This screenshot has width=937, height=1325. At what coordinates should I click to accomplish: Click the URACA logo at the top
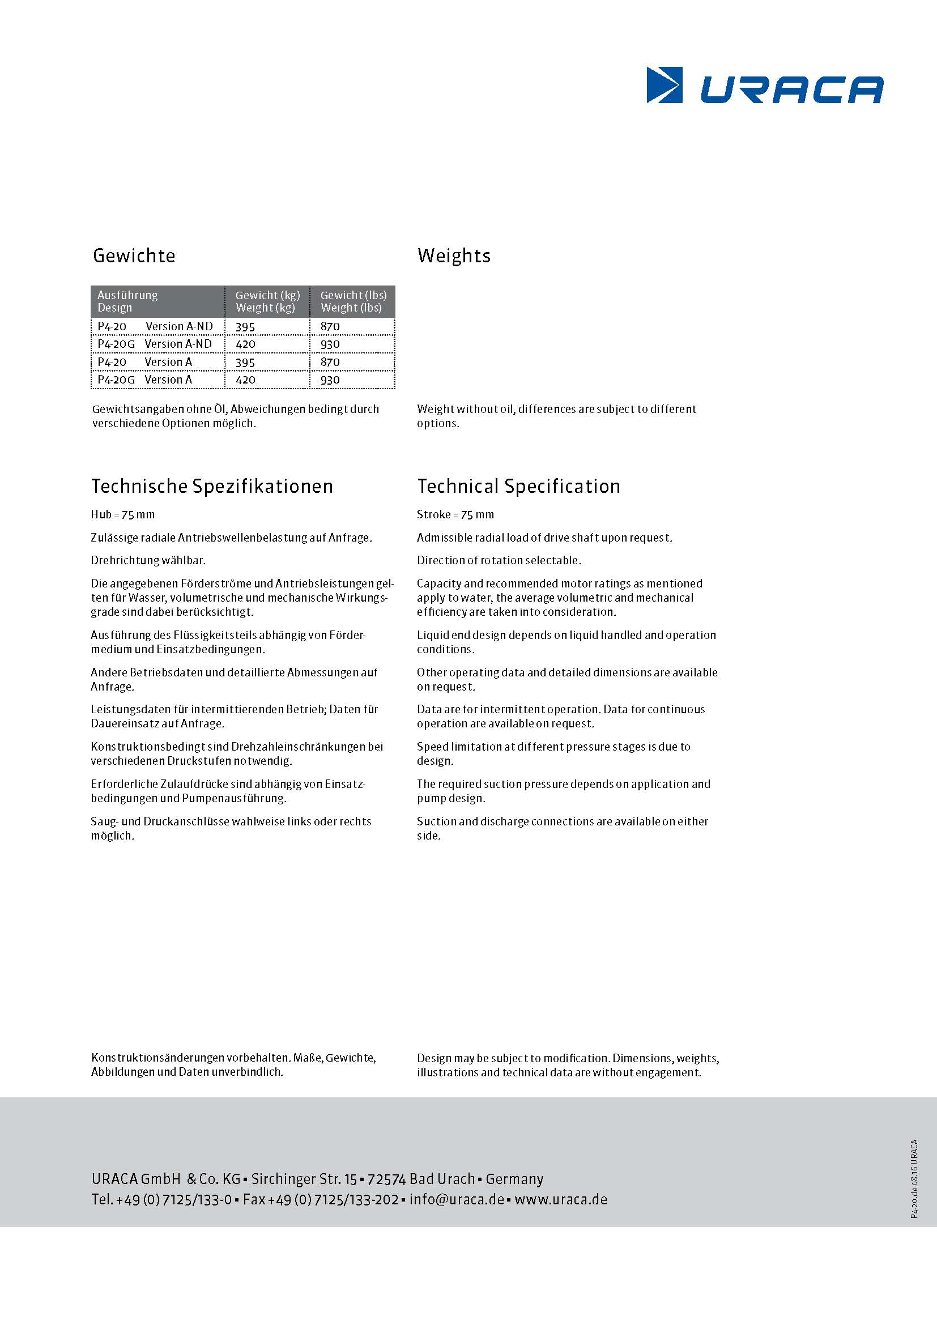[764, 86]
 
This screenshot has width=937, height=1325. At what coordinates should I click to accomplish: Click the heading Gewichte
[134, 255]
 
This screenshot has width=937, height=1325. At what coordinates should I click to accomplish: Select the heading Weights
[454, 255]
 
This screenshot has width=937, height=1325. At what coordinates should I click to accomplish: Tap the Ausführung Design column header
[127, 301]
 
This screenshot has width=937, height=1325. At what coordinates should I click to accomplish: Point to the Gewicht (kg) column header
[267, 301]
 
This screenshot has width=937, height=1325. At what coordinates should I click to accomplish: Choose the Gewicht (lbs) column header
[353, 301]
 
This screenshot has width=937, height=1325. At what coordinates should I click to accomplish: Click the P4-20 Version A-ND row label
[155, 327]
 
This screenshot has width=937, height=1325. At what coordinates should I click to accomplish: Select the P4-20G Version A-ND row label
[155, 344]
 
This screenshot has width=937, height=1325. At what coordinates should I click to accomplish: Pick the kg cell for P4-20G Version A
[246, 380]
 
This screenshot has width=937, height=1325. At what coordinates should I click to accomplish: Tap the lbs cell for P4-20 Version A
[330, 363]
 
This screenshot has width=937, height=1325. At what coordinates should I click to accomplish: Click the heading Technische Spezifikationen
[212, 487]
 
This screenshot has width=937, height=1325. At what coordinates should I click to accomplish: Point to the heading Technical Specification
[518, 487]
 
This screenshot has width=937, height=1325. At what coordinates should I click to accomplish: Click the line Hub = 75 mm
[123, 515]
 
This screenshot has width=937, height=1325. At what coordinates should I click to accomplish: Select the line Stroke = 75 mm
[455, 515]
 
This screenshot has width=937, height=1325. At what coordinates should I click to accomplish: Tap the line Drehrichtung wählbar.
[148, 560]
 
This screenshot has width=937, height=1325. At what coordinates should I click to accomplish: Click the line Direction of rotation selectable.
[499, 560]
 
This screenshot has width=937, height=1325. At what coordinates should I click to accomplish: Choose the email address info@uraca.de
[457, 1199]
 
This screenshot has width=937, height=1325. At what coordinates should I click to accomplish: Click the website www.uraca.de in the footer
[560, 1199]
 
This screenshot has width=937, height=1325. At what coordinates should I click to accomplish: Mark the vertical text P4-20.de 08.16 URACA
[914, 1178]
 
